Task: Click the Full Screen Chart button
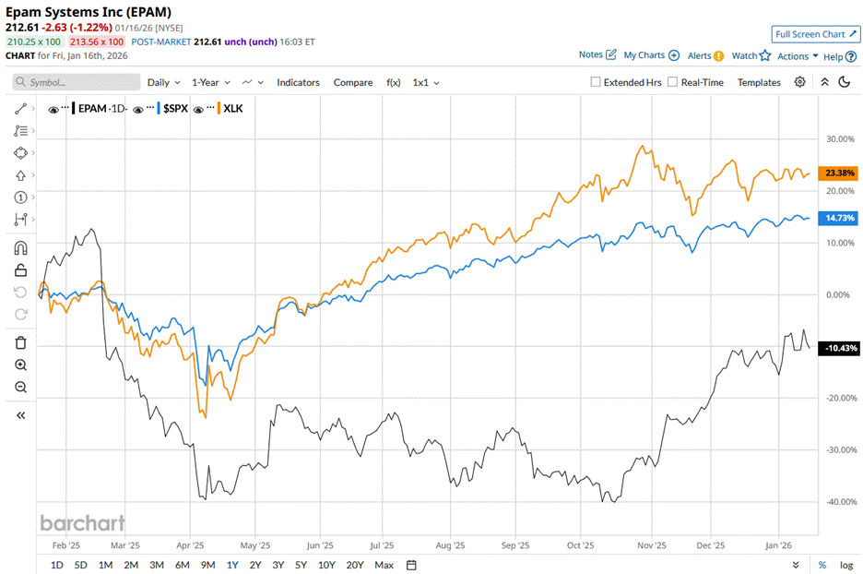click(x=815, y=34)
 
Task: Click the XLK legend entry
click(x=233, y=109)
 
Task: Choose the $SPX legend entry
click(x=175, y=109)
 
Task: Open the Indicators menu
click(x=298, y=82)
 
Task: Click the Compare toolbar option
click(x=353, y=82)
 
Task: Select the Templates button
click(x=759, y=82)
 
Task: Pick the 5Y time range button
click(x=301, y=565)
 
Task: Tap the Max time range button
click(x=384, y=565)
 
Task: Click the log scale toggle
click(x=846, y=565)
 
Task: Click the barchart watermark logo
click(x=82, y=523)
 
